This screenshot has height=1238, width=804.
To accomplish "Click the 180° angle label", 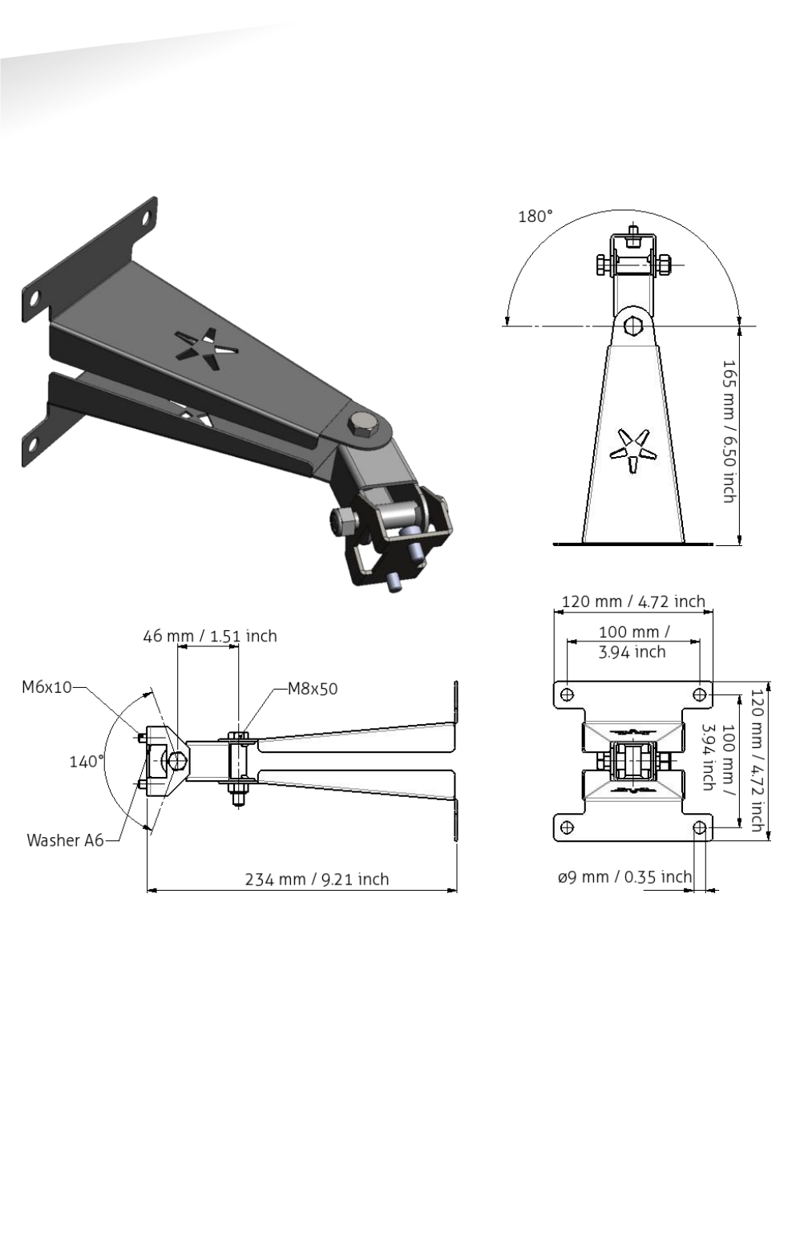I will tap(535, 216).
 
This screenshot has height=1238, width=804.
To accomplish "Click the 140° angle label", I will tap(86, 761).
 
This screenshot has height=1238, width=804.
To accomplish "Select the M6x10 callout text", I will tap(46, 686).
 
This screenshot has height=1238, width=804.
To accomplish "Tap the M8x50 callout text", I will tap(313, 689).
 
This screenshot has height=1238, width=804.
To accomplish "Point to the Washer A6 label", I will tap(65, 840).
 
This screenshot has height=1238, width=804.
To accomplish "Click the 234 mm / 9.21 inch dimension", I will tap(317, 880).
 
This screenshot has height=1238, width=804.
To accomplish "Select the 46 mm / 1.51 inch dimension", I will tap(210, 636).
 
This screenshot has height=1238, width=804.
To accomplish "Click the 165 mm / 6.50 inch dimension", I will tap(729, 431).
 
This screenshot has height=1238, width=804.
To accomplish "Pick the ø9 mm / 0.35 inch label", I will tap(624, 877).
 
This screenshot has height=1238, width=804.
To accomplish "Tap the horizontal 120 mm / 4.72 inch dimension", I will tap(632, 601).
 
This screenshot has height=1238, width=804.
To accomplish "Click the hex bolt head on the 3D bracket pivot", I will tap(363, 423).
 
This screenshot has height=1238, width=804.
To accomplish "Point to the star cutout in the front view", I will tap(632, 451).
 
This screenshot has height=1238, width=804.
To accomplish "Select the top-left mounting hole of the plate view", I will tap(567, 694).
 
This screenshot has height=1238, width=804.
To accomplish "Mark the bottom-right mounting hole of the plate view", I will tap(699, 827).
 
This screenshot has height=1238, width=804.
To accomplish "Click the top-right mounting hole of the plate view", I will tap(699, 694).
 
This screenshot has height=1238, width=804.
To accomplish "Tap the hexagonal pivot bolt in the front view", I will tap(632, 326).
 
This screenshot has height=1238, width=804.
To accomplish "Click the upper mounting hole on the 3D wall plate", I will tap(147, 217).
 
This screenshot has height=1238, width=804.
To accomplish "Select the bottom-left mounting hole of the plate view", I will tap(567, 827).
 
